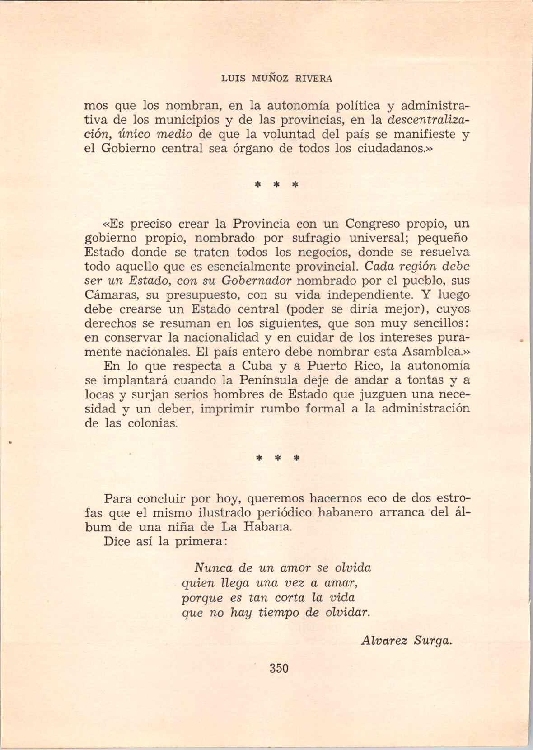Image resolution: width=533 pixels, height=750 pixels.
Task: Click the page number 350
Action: pos(279,668)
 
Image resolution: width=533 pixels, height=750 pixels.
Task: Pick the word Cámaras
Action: pos(107,295)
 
